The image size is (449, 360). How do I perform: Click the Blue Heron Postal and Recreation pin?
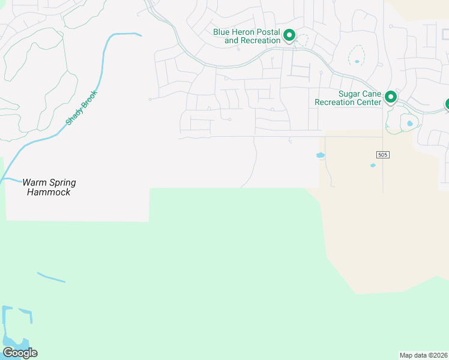click(289, 35)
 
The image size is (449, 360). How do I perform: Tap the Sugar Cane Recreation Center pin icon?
click(391, 96)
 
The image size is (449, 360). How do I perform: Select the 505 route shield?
click(383, 155)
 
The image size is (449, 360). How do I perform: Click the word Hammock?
click(49, 192)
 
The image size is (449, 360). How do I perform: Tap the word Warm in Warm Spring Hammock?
click(34, 182)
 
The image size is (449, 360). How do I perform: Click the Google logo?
click(20, 352)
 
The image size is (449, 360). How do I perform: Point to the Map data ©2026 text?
click(424, 355)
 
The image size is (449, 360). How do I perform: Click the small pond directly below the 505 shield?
click(373, 166)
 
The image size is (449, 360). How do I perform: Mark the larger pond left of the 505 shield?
click(321, 155)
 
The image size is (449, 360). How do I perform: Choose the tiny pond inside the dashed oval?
click(357, 61)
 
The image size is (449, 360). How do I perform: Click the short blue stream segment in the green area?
click(51, 277)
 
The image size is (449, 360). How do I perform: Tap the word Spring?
click(61, 182)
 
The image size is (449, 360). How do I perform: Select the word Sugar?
click(349, 94)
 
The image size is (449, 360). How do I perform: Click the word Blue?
click(222, 32)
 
